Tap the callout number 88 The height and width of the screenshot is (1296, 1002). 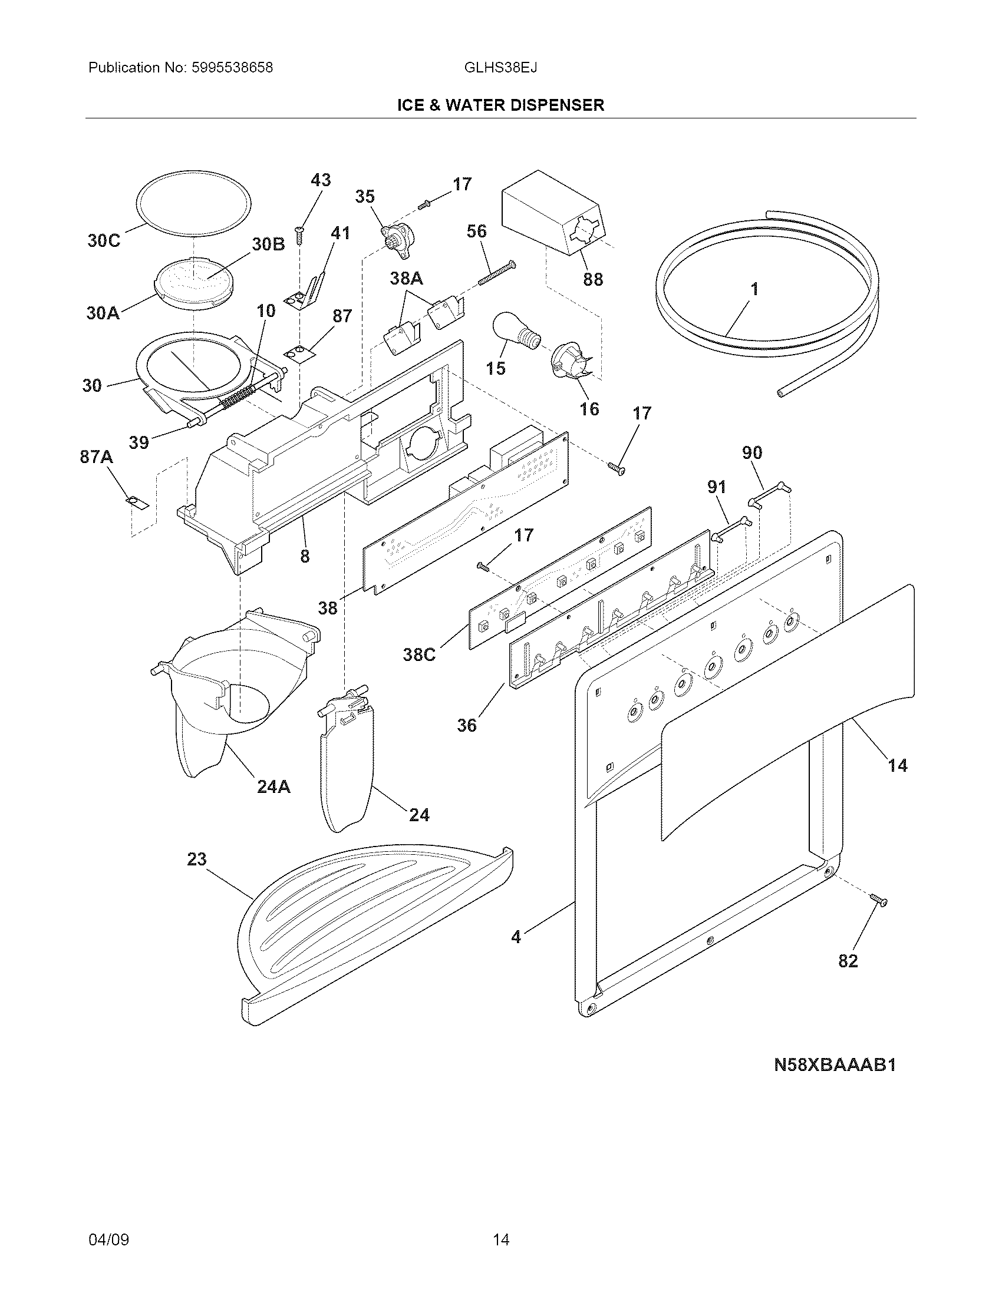point(592,279)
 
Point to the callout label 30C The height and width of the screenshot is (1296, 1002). point(104,241)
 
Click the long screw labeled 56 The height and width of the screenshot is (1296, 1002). point(494,273)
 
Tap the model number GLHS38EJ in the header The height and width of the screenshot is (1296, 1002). point(500,68)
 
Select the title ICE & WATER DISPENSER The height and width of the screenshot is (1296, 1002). point(500,105)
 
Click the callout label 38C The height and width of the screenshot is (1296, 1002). point(419,654)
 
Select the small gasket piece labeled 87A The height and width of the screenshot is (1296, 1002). point(137,502)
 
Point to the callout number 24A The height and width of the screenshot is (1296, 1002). point(273,787)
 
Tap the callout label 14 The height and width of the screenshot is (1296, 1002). point(898,765)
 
